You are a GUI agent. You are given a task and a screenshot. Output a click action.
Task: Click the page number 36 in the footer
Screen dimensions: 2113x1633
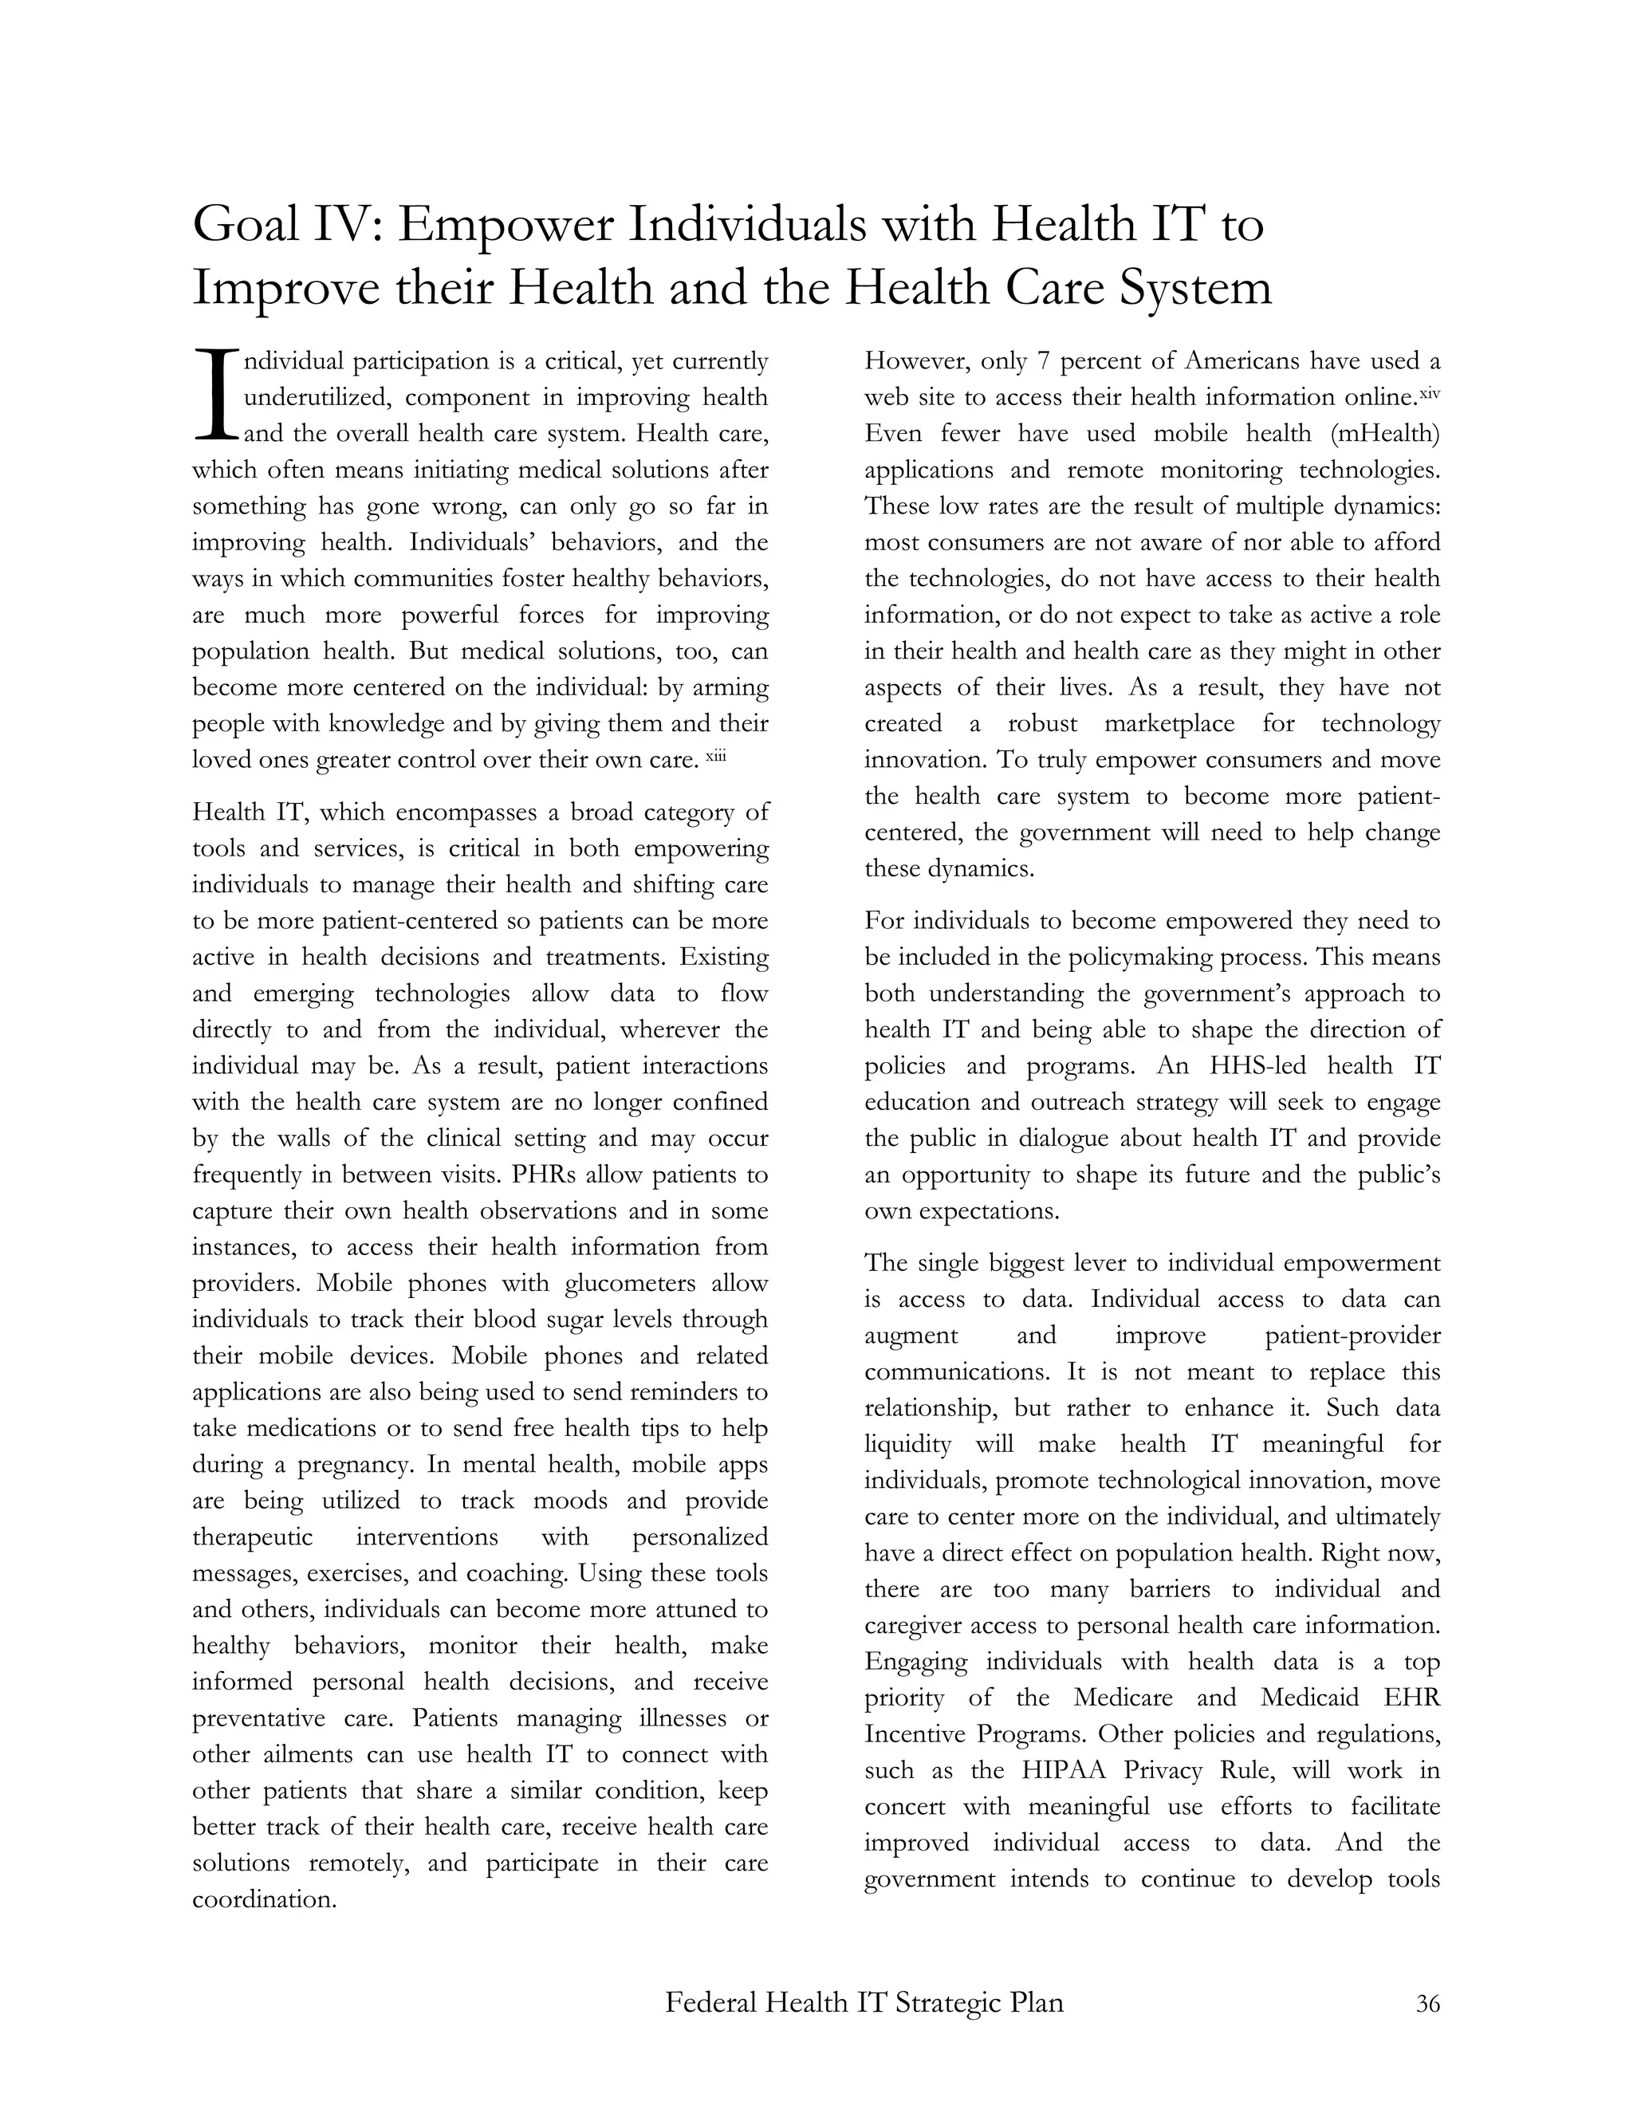click(x=1428, y=2004)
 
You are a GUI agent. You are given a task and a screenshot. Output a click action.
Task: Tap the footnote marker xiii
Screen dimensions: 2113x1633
click(x=715, y=756)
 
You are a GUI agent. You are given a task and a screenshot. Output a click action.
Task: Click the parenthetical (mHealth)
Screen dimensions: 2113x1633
click(x=1385, y=434)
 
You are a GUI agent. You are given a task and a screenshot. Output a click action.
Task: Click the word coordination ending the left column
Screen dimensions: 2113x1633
click(x=263, y=1899)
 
